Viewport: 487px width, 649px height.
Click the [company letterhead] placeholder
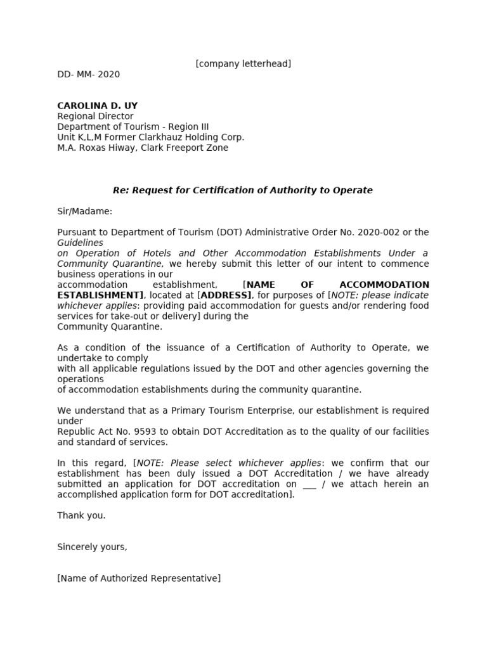tap(243, 63)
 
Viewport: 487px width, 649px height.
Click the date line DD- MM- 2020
tap(88, 74)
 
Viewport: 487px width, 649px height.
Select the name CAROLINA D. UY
tap(97, 106)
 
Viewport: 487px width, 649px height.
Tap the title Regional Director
tap(95, 117)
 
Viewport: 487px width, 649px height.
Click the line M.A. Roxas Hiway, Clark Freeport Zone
tap(143, 148)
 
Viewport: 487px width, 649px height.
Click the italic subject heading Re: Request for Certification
tap(243, 190)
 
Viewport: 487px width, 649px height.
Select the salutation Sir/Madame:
tap(84, 211)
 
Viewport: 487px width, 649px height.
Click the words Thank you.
tap(81, 515)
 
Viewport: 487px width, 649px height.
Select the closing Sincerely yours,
tap(92, 547)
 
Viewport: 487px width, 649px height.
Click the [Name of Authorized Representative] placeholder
tap(139, 579)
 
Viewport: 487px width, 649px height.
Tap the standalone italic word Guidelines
tap(80, 243)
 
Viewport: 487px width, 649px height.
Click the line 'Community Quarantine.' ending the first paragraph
tap(110, 327)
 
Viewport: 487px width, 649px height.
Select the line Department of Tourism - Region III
tap(133, 127)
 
